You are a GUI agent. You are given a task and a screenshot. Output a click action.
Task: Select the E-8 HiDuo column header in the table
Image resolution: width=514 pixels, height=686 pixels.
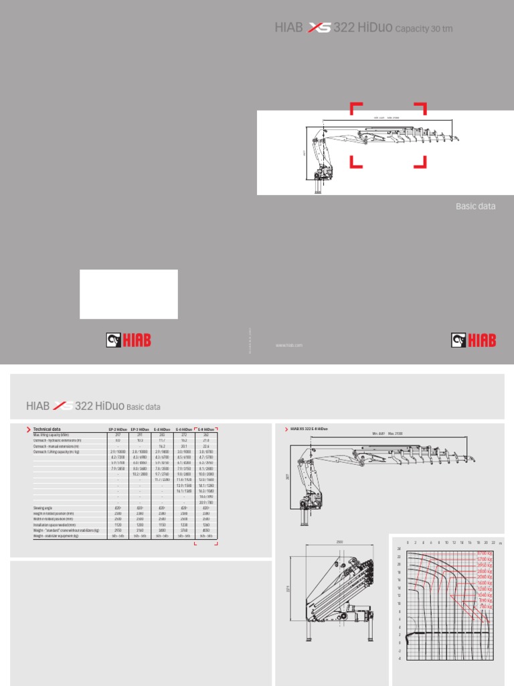pos(205,429)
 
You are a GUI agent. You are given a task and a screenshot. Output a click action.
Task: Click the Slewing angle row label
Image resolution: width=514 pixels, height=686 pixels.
pos(43,508)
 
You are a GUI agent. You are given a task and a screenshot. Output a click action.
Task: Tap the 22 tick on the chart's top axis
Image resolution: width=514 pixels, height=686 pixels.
pos(493,543)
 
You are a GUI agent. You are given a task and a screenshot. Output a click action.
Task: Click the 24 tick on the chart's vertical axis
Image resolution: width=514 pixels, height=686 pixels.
pos(399,549)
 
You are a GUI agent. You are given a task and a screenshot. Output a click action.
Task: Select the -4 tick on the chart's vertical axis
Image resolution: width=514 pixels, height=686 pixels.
pos(399,659)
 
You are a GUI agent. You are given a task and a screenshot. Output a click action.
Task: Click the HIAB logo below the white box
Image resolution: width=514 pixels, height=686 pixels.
pos(128,341)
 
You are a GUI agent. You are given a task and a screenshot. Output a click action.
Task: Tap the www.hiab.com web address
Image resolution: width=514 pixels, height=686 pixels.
pos(289,345)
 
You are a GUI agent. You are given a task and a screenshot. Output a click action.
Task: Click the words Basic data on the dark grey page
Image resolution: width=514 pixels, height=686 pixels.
pos(475,206)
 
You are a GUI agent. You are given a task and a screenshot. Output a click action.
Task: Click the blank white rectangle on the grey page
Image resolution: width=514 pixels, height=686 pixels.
pos(128,294)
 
